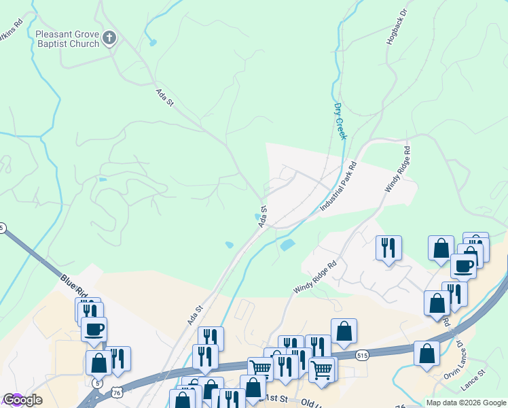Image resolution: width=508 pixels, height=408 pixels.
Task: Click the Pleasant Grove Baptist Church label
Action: point(67,39)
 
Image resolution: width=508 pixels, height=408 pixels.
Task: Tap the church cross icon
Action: point(111,39)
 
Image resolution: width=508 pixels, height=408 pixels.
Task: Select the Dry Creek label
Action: point(340,121)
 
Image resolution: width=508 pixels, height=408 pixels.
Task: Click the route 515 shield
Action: point(362,355)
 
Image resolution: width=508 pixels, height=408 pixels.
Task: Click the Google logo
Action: point(22,400)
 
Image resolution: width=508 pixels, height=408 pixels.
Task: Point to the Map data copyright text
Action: point(465,403)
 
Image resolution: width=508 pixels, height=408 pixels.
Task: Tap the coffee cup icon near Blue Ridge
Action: point(94,329)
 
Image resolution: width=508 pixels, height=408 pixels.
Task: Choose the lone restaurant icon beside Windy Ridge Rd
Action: point(388,247)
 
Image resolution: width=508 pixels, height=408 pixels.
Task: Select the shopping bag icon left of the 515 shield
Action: point(344,330)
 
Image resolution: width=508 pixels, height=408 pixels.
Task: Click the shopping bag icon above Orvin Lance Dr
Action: point(427,353)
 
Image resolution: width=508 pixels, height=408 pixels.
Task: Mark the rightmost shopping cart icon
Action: point(322,369)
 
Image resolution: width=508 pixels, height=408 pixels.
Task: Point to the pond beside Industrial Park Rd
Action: point(287,244)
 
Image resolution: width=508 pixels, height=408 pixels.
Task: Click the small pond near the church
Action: point(153,43)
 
